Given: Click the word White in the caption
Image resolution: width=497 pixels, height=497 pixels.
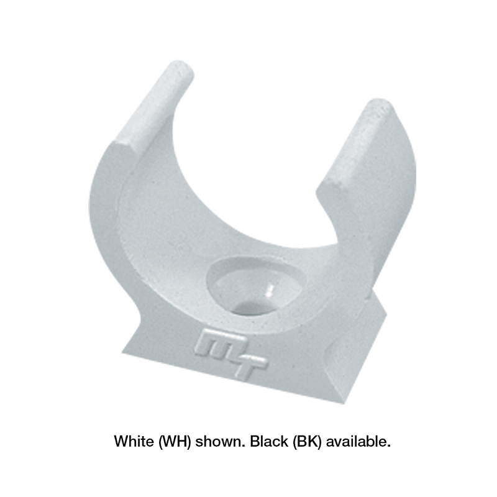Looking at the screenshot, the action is pos(134,441).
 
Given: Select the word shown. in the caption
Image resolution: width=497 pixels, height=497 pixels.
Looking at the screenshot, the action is pos(220,441).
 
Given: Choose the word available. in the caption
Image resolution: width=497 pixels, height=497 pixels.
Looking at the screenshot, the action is pos(358,441).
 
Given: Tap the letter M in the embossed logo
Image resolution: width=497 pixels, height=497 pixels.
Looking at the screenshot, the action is pos(219,345).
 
